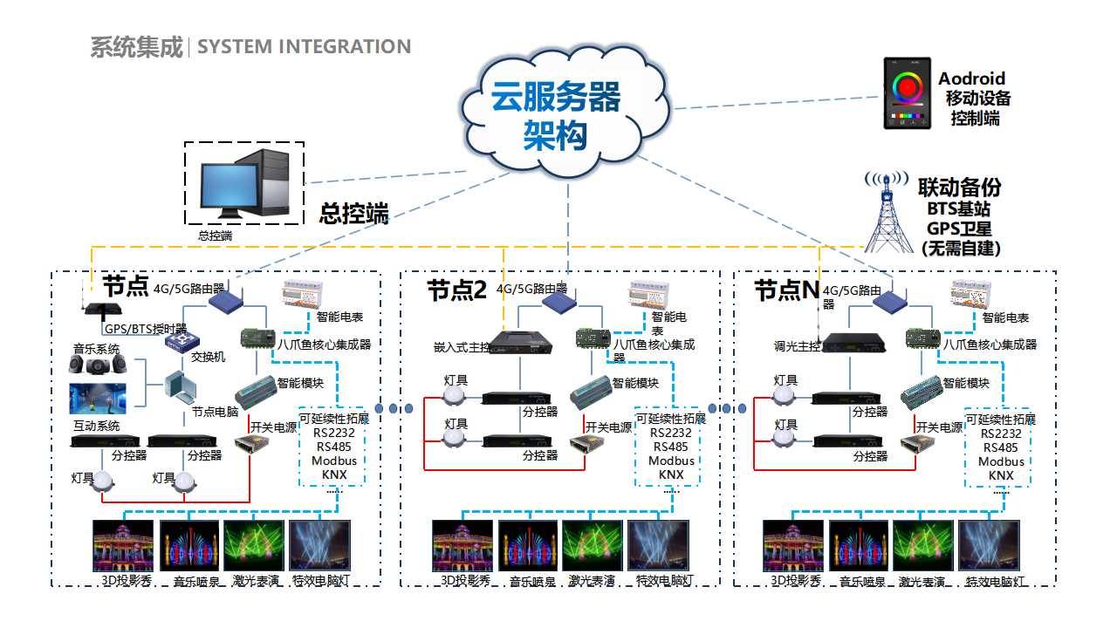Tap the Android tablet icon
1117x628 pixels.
[907, 93]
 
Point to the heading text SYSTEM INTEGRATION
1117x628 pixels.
[304, 47]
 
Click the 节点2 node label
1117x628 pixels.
[456, 290]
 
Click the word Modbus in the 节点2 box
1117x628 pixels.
[671, 461]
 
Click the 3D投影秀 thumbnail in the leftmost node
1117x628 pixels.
[123, 546]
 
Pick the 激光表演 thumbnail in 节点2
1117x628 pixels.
[593, 546]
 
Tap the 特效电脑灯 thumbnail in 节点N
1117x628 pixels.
[990, 546]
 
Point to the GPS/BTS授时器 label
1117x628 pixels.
[146, 329]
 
